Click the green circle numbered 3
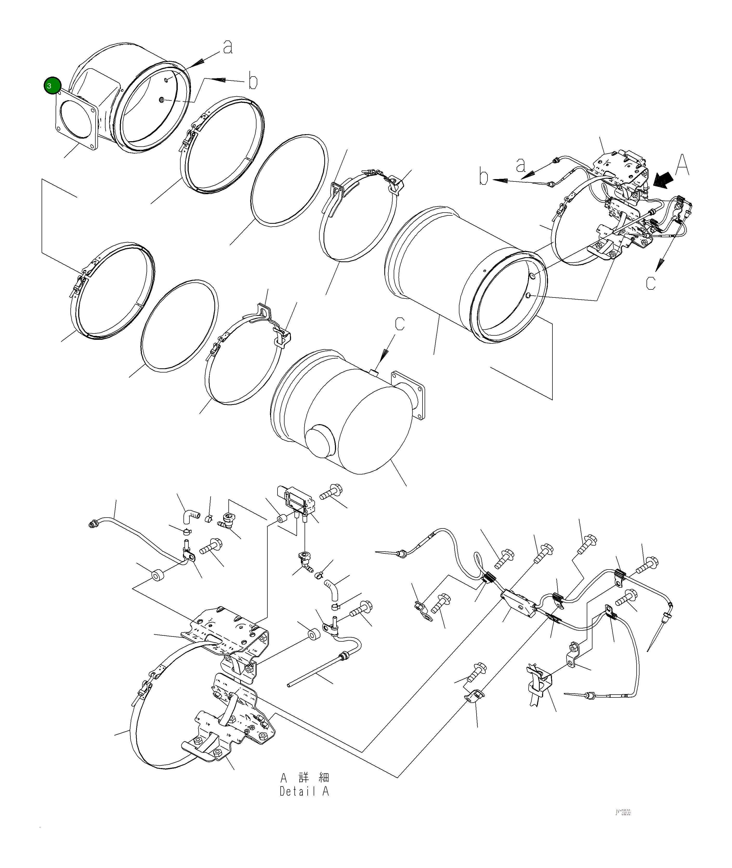pos(52,86)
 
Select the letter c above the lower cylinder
pos(399,323)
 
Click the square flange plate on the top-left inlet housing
pos(77,124)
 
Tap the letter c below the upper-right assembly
pos(651,283)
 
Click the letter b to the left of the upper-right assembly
pos(483,177)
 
